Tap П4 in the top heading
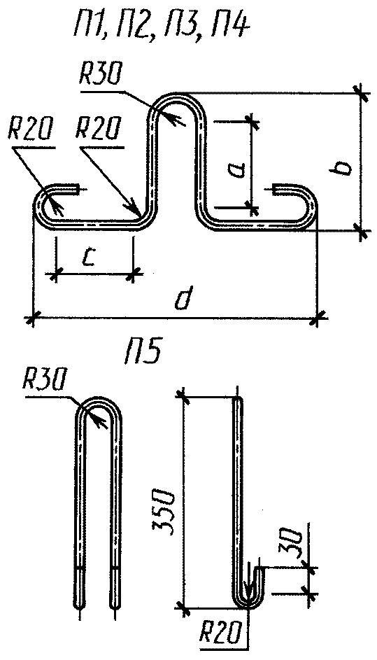pyautogui.click(x=229, y=29)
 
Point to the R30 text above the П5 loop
pyautogui.click(x=45, y=382)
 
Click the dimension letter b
pyautogui.click(x=343, y=167)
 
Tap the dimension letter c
pyautogui.click(x=87, y=257)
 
